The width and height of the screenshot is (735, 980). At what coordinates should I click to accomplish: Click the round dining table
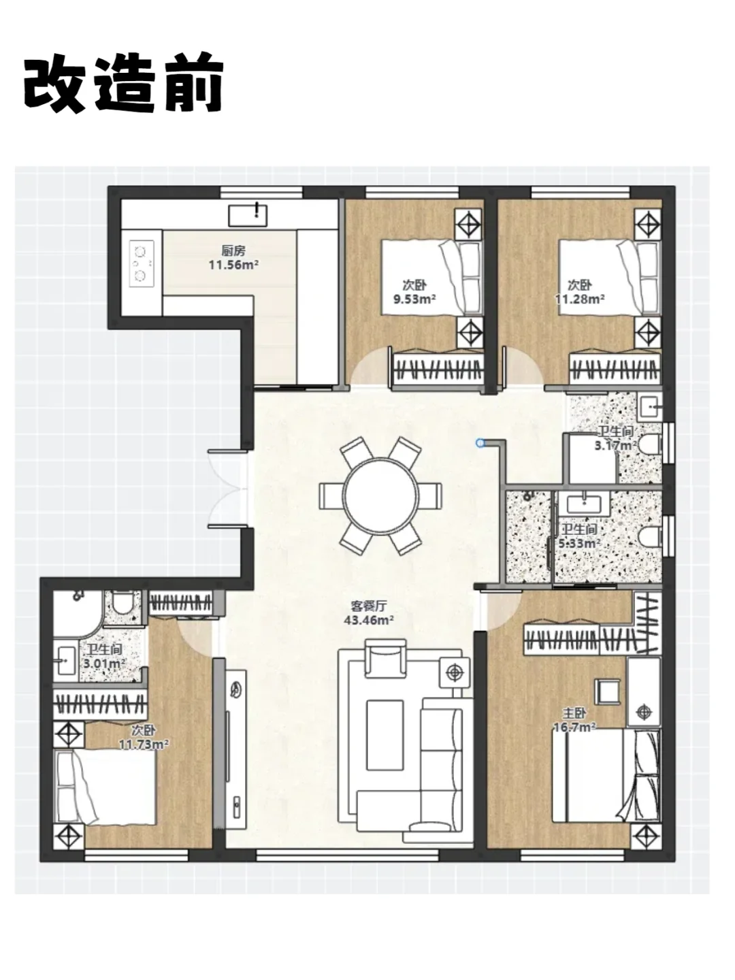pos(380,495)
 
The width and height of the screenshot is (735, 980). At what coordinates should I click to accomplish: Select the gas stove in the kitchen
pos(142,263)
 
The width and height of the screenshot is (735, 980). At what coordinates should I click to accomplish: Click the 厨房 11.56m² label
pos(233,258)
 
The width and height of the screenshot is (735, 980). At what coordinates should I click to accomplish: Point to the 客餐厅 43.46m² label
pos(369,612)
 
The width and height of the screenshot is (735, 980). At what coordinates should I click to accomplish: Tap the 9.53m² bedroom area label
pos(414,291)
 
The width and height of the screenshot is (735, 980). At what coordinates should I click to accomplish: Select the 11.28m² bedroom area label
pos(580,291)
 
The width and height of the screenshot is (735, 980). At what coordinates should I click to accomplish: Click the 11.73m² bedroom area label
pos(143,738)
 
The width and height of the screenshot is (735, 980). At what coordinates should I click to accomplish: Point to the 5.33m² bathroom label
pos(579,536)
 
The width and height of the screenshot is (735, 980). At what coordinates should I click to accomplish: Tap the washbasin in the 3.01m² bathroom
pos(64,661)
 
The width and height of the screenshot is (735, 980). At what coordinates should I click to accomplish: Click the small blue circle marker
pos(480,443)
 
